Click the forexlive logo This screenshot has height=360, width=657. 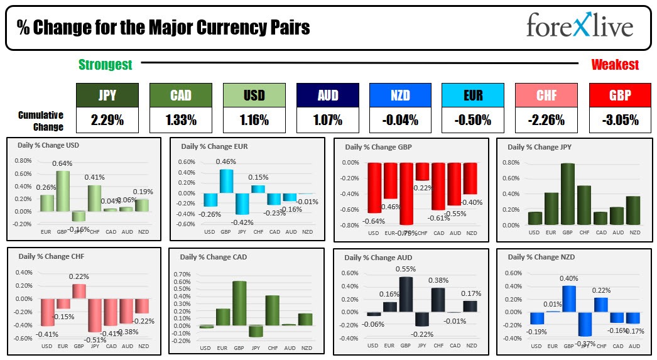tap(580, 27)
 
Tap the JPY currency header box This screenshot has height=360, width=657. tap(107, 95)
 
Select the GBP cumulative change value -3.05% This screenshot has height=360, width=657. tap(621, 119)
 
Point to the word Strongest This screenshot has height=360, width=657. tap(105, 64)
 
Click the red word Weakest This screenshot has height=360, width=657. tap(615, 64)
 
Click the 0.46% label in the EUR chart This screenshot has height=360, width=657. tap(226, 162)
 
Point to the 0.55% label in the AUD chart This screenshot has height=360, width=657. tap(406, 269)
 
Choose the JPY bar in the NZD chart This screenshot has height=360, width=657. tap(585, 325)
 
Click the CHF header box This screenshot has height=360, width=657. tap(545, 95)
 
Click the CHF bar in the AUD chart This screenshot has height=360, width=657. tap(438, 300)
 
